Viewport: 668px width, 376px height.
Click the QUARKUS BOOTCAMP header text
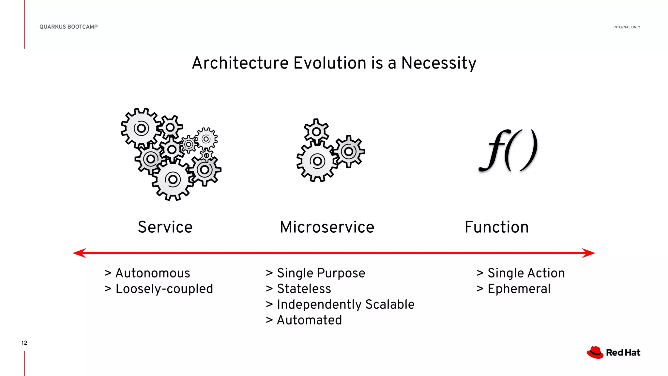click(68, 27)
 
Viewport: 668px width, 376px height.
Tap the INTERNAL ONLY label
click(627, 27)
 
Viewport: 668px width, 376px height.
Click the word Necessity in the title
click(439, 63)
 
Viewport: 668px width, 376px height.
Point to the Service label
click(165, 227)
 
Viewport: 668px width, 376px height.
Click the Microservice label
click(327, 227)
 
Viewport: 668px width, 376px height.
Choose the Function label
click(496, 227)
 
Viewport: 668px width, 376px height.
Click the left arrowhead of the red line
click(79, 253)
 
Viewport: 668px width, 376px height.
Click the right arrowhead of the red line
click(589, 253)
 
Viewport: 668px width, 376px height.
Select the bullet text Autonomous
click(153, 273)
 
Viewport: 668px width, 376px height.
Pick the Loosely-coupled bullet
click(164, 289)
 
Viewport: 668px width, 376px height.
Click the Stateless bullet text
click(304, 289)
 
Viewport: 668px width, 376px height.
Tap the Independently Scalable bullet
click(345, 305)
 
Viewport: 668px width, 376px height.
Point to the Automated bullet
click(309, 320)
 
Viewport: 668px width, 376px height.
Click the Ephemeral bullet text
click(519, 289)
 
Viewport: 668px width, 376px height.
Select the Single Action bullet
click(526, 273)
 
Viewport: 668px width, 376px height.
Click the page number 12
click(24, 343)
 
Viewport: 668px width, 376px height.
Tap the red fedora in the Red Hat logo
click(595, 352)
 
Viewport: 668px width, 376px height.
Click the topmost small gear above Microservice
click(316, 132)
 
